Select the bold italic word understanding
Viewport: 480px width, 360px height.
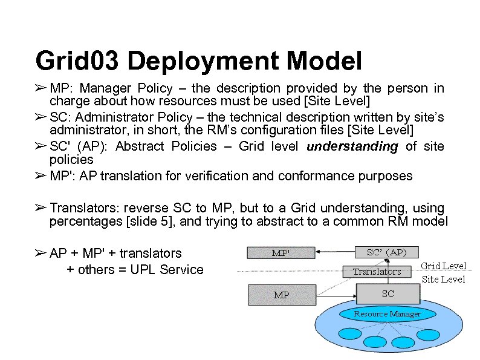coord(353,146)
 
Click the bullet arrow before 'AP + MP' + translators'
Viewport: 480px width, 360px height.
coord(40,253)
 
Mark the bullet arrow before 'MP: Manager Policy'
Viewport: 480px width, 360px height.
coord(40,89)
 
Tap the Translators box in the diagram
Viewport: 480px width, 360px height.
coord(377,272)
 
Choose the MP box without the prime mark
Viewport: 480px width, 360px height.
coord(281,295)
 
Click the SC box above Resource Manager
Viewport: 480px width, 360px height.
coord(388,294)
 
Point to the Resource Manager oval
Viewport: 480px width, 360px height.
coord(387,313)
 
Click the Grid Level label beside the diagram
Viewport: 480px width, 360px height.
coord(443,266)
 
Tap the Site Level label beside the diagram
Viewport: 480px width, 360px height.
coord(443,279)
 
